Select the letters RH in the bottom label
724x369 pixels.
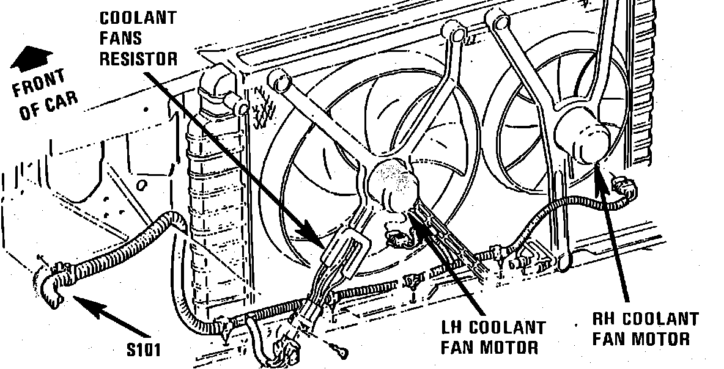(x=605, y=318)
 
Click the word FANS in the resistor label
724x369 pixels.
(x=120, y=38)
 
